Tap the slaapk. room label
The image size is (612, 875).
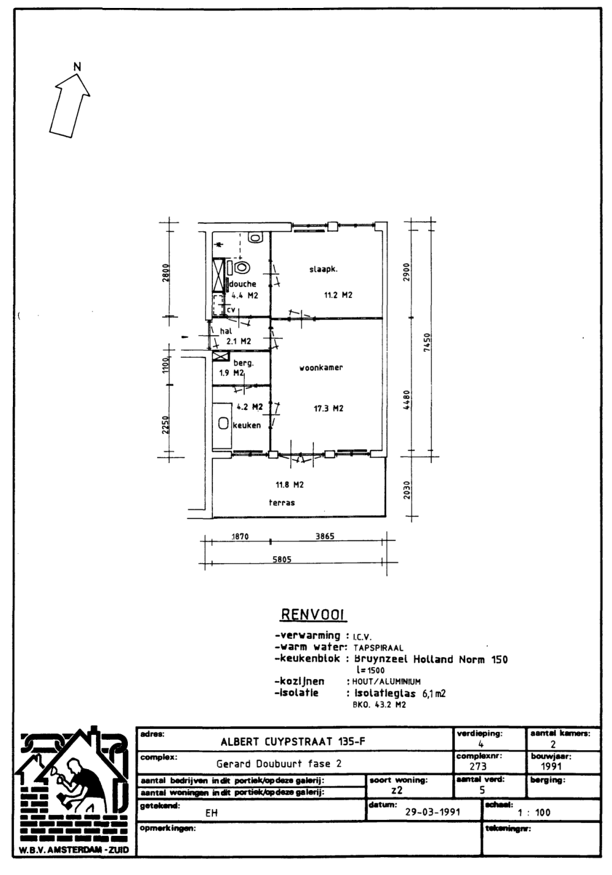coord(323,269)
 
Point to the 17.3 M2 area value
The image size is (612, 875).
coord(328,409)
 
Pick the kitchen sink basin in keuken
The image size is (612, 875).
coord(223,423)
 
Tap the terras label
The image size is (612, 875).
coord(282,503)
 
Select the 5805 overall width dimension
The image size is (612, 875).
coord(282,559)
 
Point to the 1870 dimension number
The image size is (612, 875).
coord(240,537)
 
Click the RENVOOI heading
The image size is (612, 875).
coord(314,615)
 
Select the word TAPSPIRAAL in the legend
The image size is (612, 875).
coord(378,648)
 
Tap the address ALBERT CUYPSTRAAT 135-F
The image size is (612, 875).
coord(293,742)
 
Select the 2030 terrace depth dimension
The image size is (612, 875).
coord(407,488)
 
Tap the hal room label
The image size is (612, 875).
coord(226,331)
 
